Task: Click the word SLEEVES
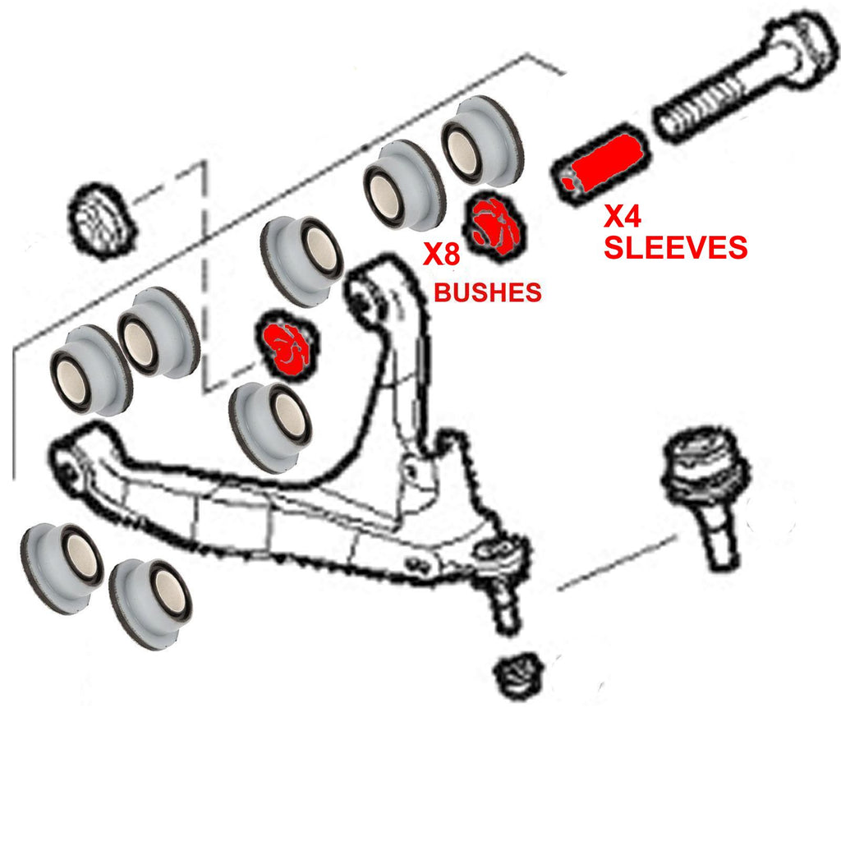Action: pos(675,247)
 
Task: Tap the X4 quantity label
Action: pos(623,216)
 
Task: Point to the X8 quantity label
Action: pos(441,254)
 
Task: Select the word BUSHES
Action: pos(488,292)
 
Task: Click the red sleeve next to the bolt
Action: pos(600,163)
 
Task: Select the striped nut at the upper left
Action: pos(101,220)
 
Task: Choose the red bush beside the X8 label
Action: pos(494,226)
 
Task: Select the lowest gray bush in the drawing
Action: pos(150,604)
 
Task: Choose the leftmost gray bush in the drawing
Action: pos(62,568)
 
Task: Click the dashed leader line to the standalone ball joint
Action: pos(617,563)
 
